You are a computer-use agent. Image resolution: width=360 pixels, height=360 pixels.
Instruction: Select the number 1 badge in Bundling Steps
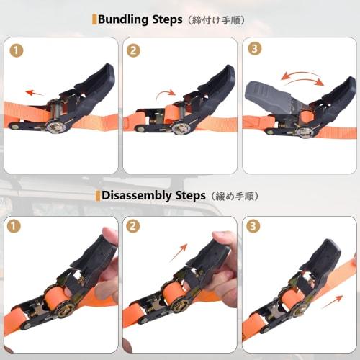click(17, 51)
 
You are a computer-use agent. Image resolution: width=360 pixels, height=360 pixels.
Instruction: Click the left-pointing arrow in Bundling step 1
click(35, 92)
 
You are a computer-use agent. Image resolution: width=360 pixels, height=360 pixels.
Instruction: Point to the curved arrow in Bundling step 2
click(167, 94)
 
